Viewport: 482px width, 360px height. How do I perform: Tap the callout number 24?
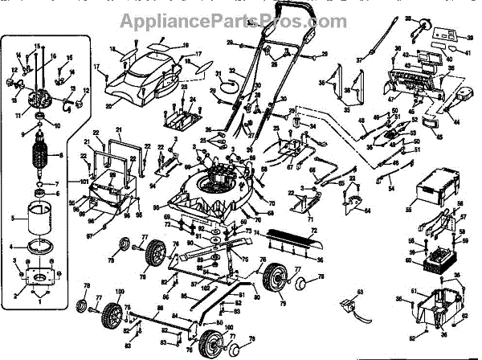click(193, 99)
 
